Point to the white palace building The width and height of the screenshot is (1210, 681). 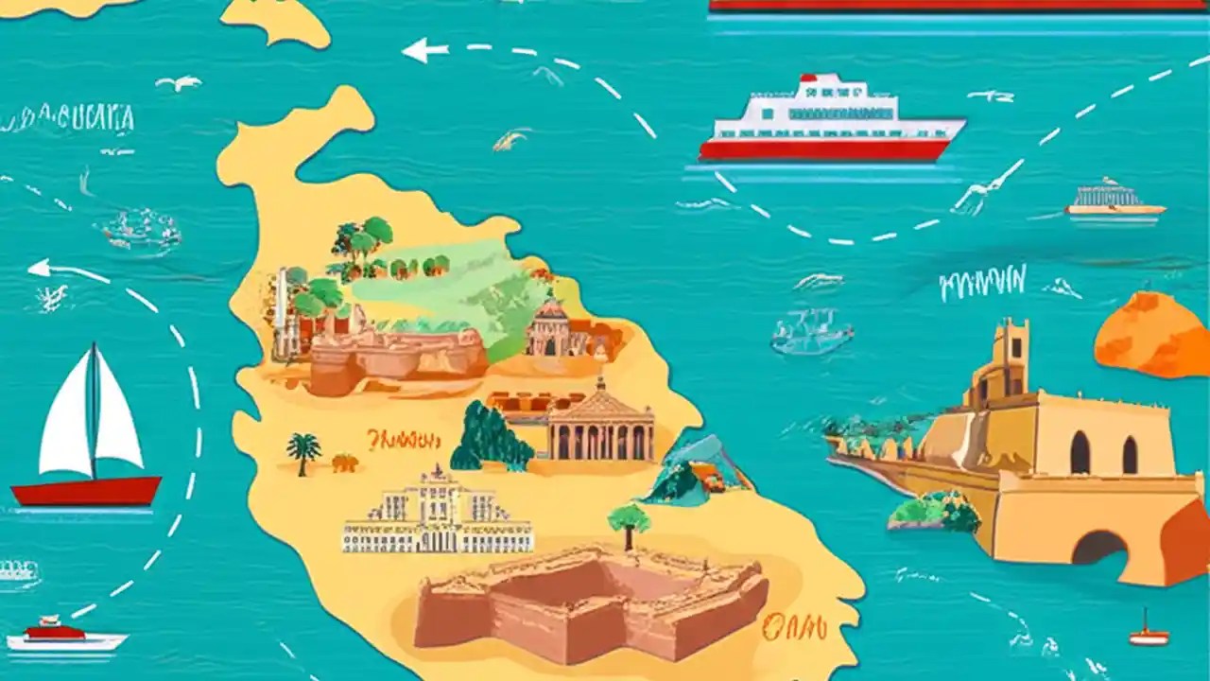[437, 515]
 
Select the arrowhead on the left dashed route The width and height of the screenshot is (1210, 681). [40, 269]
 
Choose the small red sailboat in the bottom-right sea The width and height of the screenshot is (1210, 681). [1149, 634]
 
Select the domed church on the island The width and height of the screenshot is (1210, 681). [551, 326]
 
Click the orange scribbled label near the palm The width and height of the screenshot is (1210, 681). [404, 440]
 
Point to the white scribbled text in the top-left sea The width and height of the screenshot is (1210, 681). [68, 119]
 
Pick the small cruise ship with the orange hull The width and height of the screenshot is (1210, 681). [1115, 201]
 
